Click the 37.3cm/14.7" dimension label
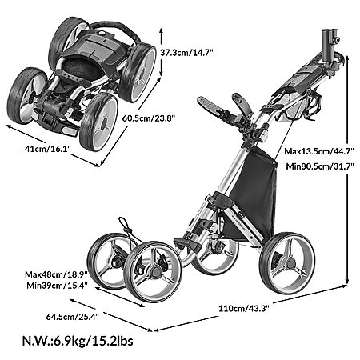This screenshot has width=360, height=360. pyautogui.click(x=186, y=52)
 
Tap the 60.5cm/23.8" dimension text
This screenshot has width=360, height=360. pyautogui.click(x=149, y=118)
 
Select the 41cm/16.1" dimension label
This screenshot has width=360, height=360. pyautogui.click(x=47, y=148)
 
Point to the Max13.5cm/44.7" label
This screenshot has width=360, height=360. pyautogui.click(x=319, y=151)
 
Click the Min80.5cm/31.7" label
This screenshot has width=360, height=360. pyautogui.click(x=320, y=166)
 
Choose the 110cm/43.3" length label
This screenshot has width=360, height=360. pyautogui.click(x=244, y=309)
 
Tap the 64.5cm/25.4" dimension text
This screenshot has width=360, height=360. pyautogui.click(x=73, y=317)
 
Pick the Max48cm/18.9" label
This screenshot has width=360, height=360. pyautogui.click(x=56, y=274)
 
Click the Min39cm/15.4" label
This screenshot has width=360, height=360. pyautogui.click(x=58, y=286)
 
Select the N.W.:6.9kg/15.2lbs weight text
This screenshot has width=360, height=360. pyautogui.click(x=78, y=341)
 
